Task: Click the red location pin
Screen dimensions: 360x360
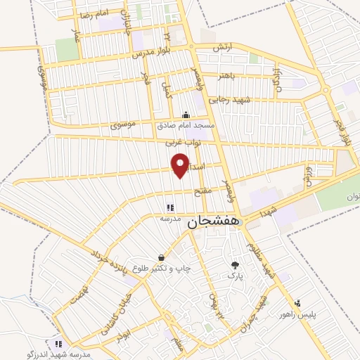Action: (x=181, y=165)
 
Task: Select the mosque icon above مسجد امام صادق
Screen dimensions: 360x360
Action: (x=185, y=115)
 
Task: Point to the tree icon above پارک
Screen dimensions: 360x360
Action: (x=235, y=265)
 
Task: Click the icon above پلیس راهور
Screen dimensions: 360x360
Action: (x=298, y=303)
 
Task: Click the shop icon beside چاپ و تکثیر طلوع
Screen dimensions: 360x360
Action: (x=162, y=257)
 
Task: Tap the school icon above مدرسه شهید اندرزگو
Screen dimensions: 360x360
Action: (x=59, y=345)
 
